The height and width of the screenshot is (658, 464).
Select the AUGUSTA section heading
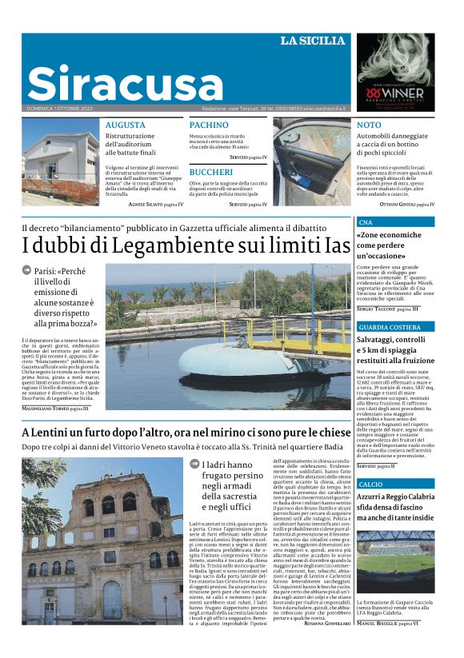click(125, 126)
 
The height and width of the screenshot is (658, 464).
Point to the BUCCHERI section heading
click(211, 172)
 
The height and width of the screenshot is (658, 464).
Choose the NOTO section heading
click(369, 126)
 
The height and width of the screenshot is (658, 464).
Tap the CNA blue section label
click(366, 221)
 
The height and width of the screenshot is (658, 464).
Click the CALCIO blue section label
click(370, 485)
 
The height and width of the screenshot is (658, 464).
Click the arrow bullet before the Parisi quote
click(26, 270)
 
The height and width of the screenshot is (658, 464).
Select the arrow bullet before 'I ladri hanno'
click(194, 463)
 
